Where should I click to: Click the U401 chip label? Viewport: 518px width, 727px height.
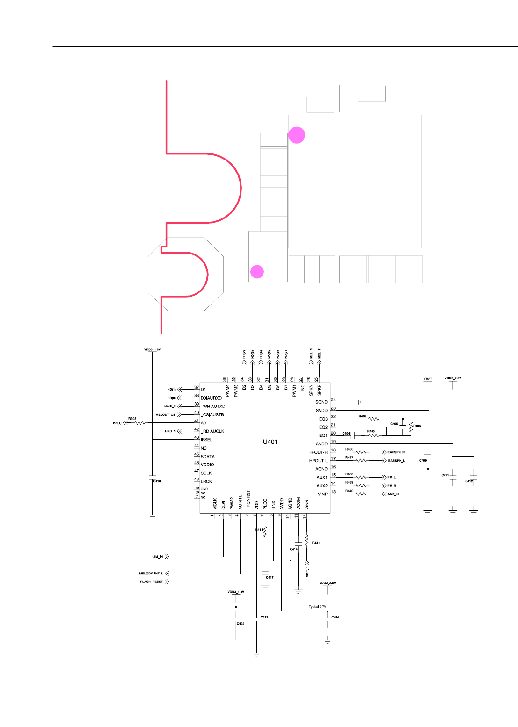point(270,442)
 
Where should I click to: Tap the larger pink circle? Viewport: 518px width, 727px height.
point(297,135)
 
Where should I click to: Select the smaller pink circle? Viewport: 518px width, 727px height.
point(257,272)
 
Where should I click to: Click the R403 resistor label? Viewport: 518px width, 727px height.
point(132,419)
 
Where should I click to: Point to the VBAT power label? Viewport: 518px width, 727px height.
point(428,378)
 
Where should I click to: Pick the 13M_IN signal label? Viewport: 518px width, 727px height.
point(157,557)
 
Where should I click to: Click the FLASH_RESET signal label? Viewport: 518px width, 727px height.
point(152,582)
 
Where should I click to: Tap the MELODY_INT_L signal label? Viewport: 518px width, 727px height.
point(151,573)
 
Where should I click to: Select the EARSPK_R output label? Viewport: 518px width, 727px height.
point(396,452)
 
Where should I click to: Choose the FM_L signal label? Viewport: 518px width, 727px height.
point(392,477)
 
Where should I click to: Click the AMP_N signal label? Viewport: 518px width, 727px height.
point(393,494)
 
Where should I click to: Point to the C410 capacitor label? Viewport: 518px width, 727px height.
point(157,481)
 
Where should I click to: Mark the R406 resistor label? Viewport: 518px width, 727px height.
point(417,426)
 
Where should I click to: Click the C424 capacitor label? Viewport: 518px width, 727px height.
point(335,617)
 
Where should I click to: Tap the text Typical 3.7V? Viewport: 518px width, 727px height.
point(317,607)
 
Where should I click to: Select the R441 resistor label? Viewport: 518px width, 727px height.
point(316,543)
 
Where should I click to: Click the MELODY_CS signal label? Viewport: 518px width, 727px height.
point(165,414)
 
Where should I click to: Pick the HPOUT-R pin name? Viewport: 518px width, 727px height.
point(318,452)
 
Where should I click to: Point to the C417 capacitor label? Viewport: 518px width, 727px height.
point(270,577)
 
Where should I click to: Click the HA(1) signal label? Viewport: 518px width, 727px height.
point(117,423)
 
